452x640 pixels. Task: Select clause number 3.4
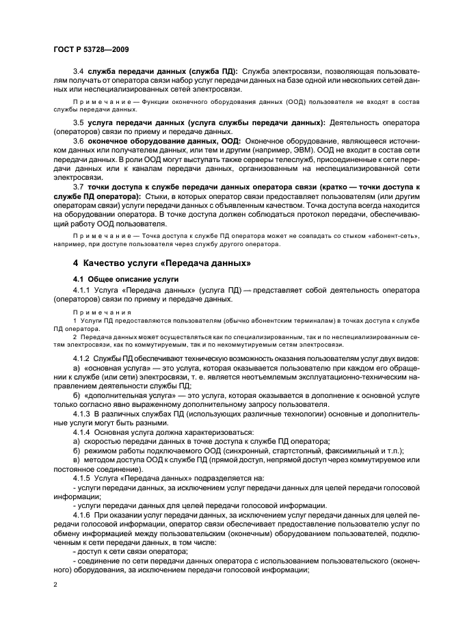78,71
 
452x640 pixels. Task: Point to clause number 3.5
78,122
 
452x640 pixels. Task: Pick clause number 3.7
78,187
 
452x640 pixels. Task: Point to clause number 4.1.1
81,290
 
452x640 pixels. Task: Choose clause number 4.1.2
81,360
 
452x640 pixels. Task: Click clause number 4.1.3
81,414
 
